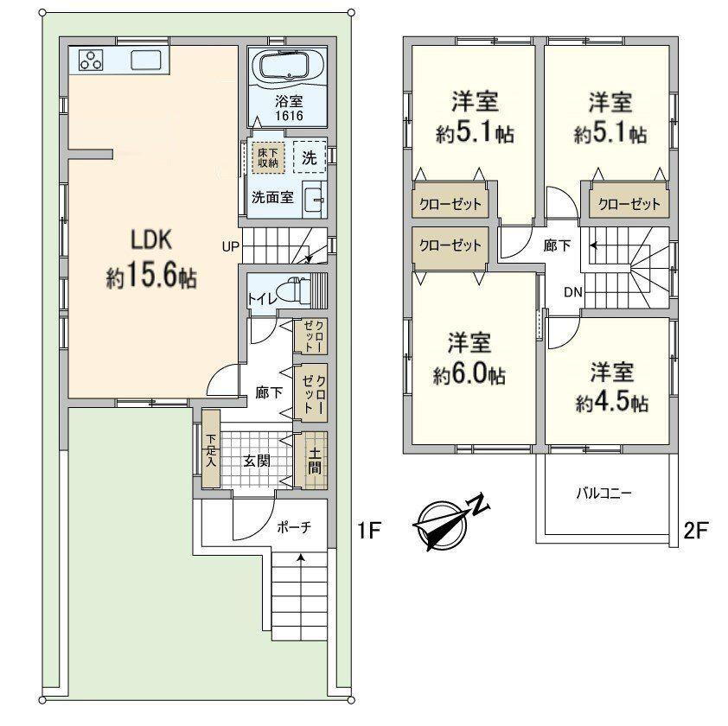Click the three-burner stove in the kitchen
point(91,60)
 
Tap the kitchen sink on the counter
point(146,60)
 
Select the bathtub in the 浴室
point(284,66)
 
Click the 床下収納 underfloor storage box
point(268,158)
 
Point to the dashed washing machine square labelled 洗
point(310,157)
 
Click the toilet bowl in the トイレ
point(297,290)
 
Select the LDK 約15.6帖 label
point(151,259)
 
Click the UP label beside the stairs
point(230,247)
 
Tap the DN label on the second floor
point(573,292)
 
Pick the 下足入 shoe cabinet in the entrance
point(211,449)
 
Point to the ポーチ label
point(294,527)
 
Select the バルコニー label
point(603,493)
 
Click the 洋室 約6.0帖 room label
point(469,358)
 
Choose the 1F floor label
point(369,530)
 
